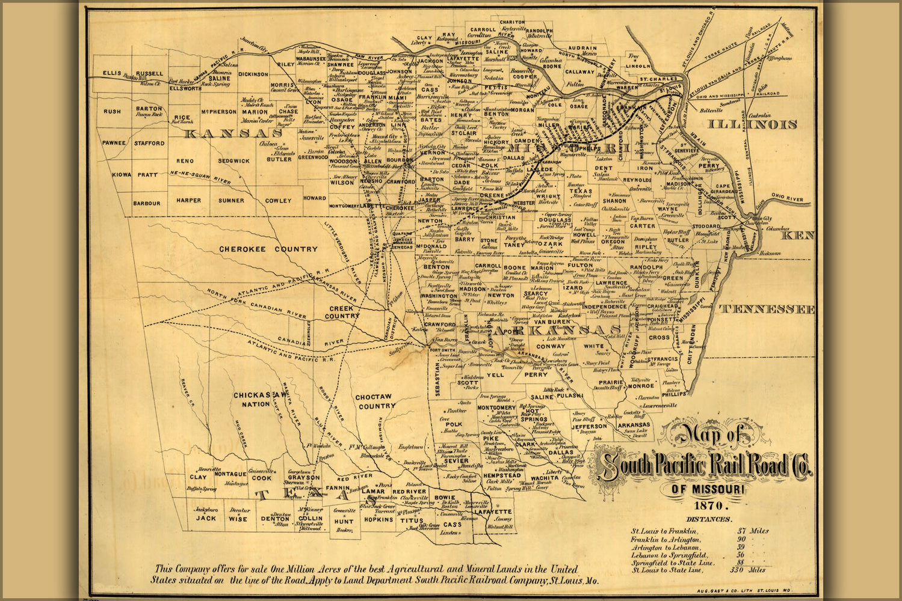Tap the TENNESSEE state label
point(767,309)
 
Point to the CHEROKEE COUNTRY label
point(268,249)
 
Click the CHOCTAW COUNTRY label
point(375,401)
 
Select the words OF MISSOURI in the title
point(708,490)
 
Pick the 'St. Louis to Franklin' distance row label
point(664,531)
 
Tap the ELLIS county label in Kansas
point(111,73)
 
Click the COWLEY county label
point(278,201)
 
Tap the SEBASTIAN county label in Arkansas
point(436,378)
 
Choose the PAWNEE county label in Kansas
point(114,143)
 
